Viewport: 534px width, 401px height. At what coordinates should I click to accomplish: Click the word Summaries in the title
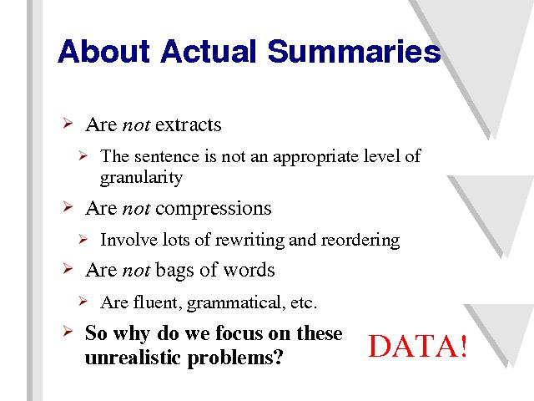pyautogui.click(x=354, y=51)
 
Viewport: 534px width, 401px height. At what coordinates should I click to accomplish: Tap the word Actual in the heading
pyautogui.click(x=208, y=51)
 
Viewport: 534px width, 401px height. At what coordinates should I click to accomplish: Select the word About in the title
pyautogui.click(x=103, y=51)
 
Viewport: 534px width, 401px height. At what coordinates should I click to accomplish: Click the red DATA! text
pyautogui.click(x=418, y=346)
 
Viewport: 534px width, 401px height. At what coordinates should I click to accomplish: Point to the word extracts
pyautogui.click(x=189, y=124)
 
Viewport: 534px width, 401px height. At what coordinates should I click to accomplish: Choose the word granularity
pyautogui.click(x=141, y=178)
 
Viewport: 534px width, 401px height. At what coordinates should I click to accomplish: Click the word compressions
pyautogui.click(x=214, y=209)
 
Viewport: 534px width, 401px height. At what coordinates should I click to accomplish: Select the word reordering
pyautogui.click(x=361, y=240)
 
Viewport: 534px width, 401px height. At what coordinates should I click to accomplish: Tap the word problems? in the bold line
pyautogui.click(x=235, y=358)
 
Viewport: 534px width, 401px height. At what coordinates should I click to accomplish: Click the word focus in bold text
pyautogui.click(x=239, y=332)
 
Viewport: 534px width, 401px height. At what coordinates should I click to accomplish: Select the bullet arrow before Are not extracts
pyautogui.click(x=68, y=123)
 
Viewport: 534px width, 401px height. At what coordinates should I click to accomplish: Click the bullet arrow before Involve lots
pyautogui.click(x=83, y=239)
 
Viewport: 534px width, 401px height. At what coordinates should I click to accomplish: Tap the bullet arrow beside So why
pyautogui.click(x=68, y=332)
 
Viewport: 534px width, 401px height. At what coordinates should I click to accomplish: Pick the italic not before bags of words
pyautogui.click(x=136, y=271)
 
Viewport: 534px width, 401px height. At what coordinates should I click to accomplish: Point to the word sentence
pyautogui.click(x=167, y=157)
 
